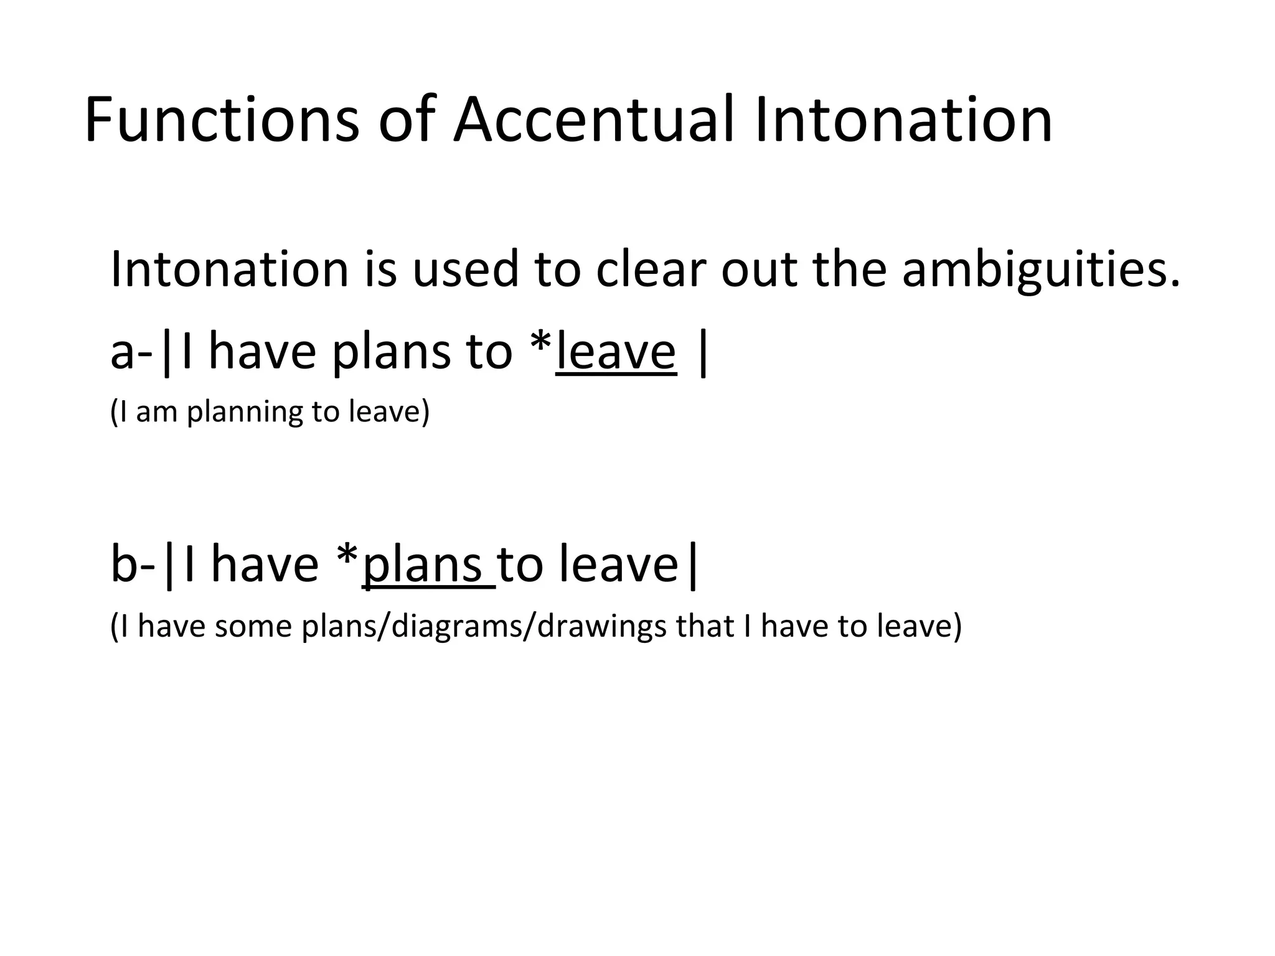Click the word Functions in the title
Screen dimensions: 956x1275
(x=222, y=119)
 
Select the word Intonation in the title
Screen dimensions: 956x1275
(x=903, y=119)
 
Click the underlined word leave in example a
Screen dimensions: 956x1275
(x=616, y=352)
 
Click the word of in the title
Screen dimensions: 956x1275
(x=406, y=119)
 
